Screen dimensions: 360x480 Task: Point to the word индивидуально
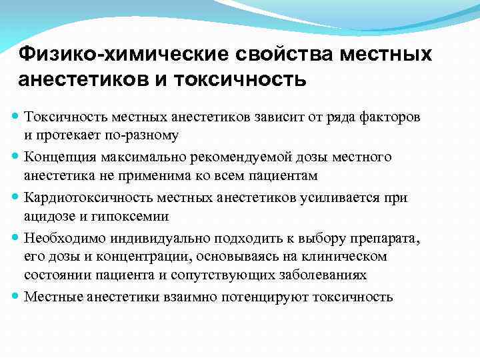(149, 239)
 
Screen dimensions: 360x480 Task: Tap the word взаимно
(189, 296)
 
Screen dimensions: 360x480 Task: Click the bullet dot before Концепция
(17, 158)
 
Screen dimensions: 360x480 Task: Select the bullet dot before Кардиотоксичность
(17, 198)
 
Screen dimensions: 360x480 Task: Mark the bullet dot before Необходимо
(17, 239)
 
